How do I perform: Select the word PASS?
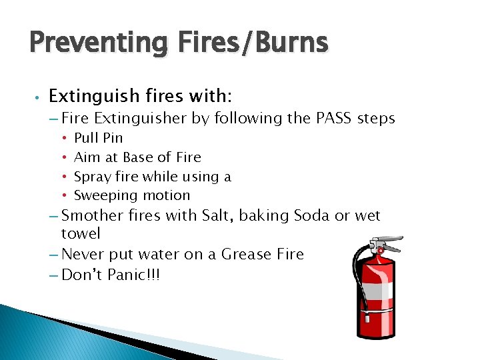[x=331, y=119]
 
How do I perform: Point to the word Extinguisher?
[x=141, y=119]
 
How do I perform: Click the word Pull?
[x=85, y=138]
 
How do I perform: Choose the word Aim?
[x=85, y=157]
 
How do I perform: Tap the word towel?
[x=81, y=233]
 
